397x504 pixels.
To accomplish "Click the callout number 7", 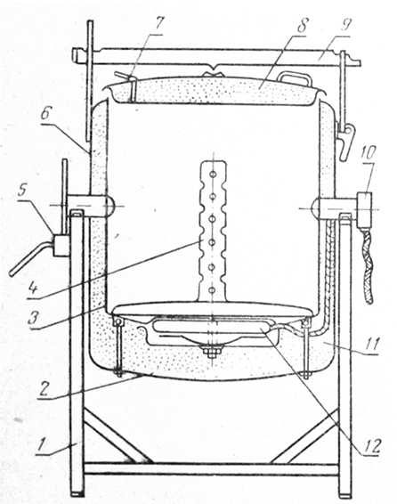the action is [159, 24].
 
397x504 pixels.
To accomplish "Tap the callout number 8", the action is [303, 24].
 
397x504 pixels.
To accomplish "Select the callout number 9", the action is [346, 24].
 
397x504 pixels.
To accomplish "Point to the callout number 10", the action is [369, 152].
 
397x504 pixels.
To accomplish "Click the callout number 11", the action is [373, 344].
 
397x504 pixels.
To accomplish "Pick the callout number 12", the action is [371, 445].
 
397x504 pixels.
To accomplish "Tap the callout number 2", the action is [44, 389].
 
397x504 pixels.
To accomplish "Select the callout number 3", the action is [34, 318].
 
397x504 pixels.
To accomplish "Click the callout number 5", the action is [22, 191].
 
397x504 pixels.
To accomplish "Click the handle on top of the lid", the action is [295, 77].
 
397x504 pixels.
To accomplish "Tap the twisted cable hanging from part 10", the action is [367, 266].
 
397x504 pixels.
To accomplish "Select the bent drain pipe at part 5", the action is [31, 258].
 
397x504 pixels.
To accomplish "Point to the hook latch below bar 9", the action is [345, 141].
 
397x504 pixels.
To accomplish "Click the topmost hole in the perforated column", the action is [213, 174].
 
